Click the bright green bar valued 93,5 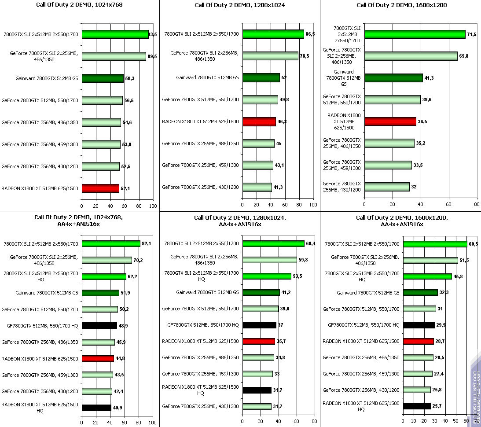115,34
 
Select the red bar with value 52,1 100,188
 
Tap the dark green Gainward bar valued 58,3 103,78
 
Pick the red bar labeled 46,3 259,121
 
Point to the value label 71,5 472,34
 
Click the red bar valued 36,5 390,121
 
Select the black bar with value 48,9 99,326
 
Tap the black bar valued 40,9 97,408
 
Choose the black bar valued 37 259,325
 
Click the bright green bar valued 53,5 267,276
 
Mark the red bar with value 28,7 418,341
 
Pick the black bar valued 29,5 419,325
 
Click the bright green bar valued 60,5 435,244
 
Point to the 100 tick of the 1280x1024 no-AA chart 313,205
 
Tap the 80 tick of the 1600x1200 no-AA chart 477,205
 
